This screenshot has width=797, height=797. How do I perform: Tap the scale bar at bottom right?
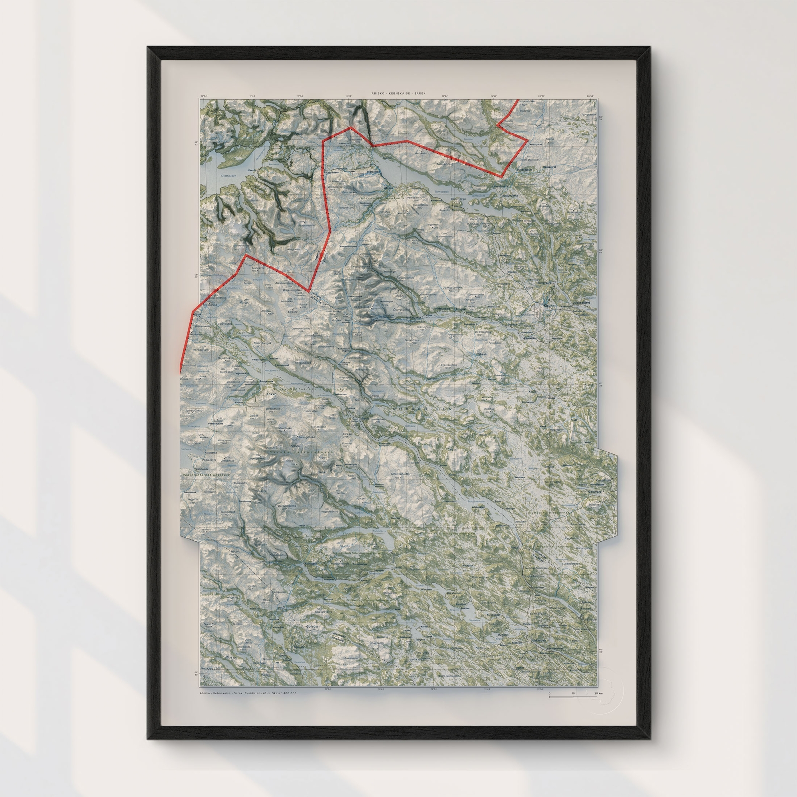(572, 347)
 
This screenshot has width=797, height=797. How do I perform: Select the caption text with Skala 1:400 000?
(248, 345)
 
